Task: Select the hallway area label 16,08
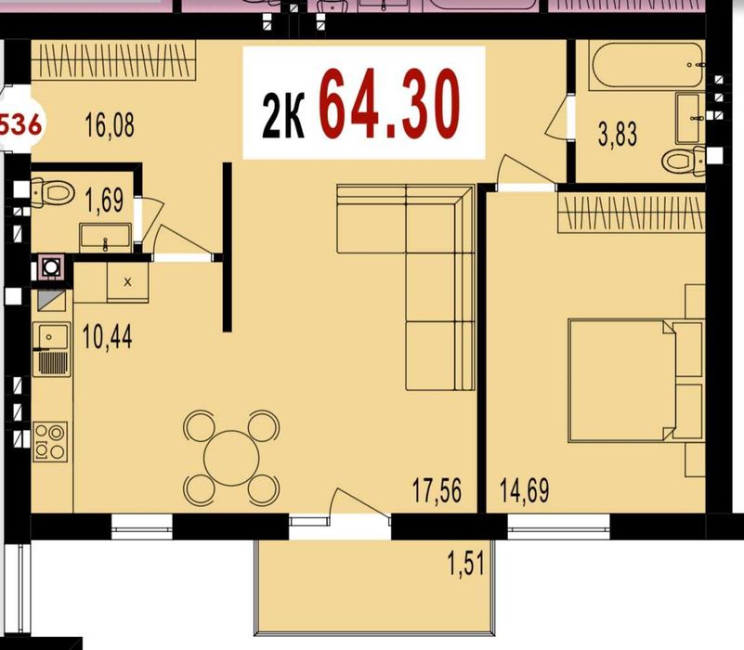click(109, 125)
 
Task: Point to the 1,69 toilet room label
click(103, 200)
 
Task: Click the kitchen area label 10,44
click(107, 336)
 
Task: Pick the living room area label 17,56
click(437, 489)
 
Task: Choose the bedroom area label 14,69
click(524, 489)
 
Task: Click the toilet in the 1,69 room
click(54, 193)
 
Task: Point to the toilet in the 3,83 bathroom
click(685, 162)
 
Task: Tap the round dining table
click(231, 457)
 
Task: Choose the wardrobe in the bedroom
click(631, 213)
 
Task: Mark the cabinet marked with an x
click(127, 279)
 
